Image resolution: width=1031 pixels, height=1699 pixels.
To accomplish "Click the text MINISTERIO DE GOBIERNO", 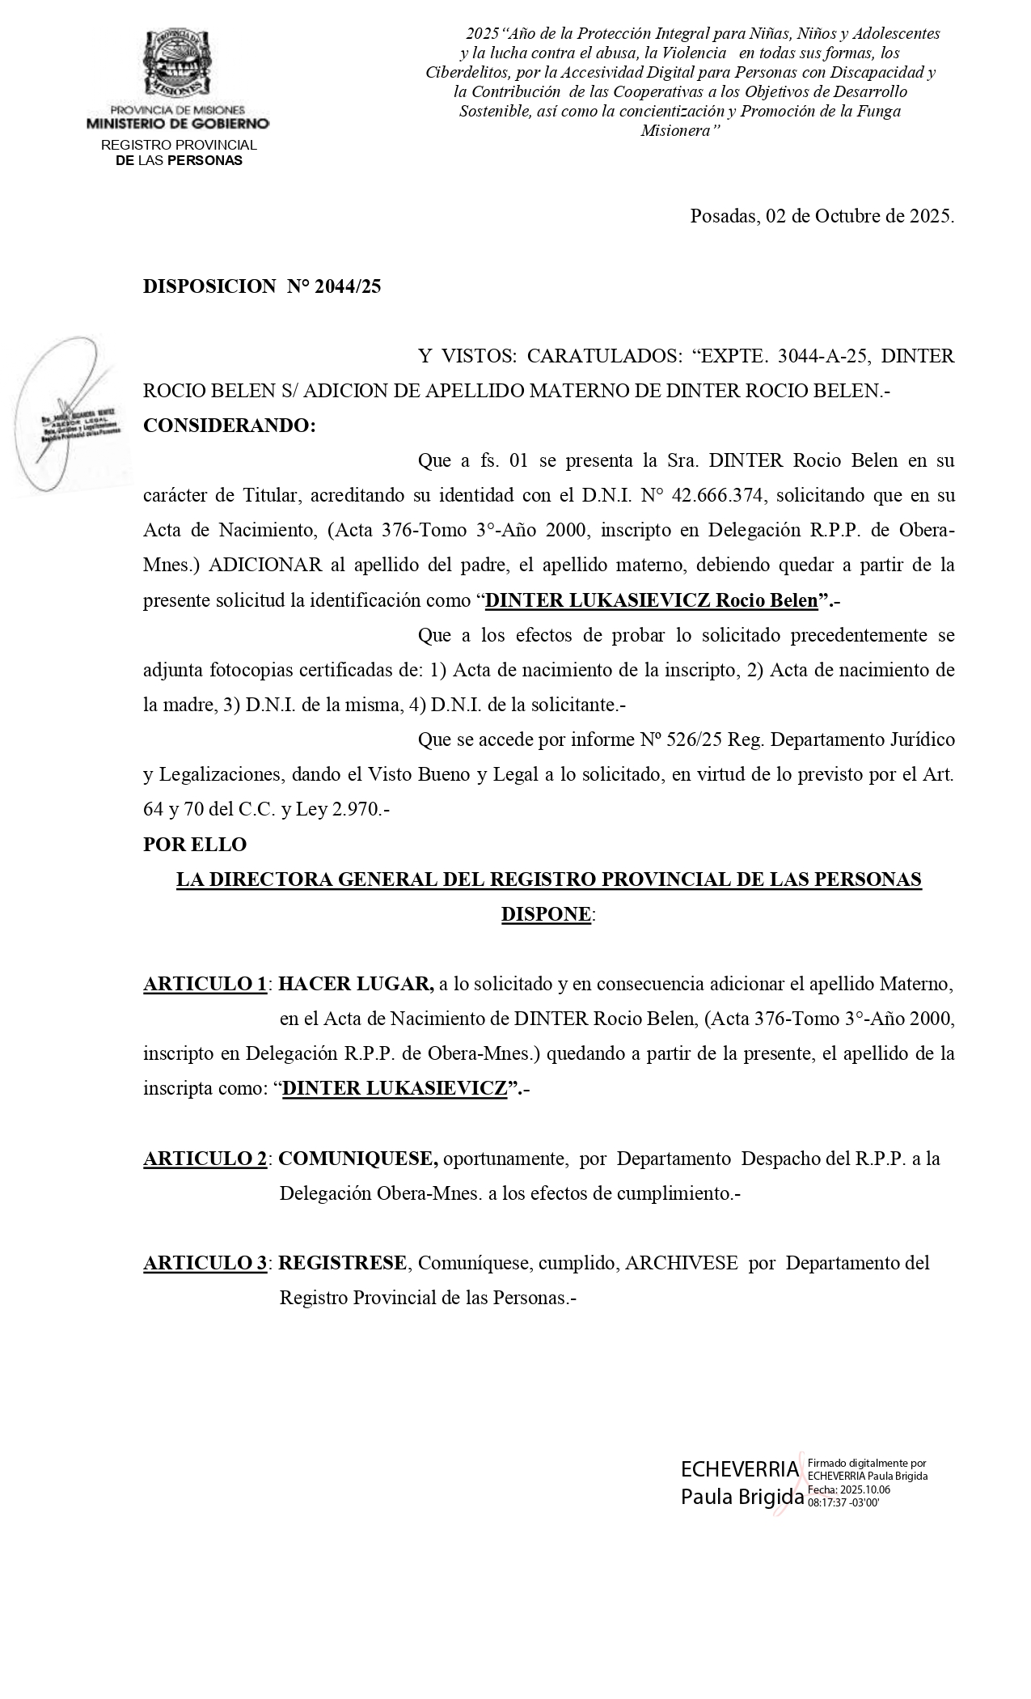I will pyautogui.click(x=178, y=124).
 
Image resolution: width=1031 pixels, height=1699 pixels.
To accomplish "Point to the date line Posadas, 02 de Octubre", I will pyautogui.click(x=822, y=216).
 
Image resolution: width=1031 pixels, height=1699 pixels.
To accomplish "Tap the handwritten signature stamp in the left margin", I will pyautogui.click(x=73, y=414).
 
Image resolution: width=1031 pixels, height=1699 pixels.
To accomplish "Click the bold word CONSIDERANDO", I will pyautogui.click(x=229, y=426).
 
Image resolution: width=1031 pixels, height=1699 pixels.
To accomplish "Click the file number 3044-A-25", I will pyautogui.click(x=822, y=356).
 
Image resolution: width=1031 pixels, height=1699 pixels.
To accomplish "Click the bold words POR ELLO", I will pyautogui.click(x=195, y=844).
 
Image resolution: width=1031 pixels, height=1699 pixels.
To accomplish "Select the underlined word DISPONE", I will pyautogui.click(x=546, y=914).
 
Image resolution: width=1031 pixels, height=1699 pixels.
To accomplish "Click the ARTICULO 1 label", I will pyautogui.click(x=205, y=984).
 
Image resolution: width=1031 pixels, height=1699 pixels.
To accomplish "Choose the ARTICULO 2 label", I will pyautogui.click(x=205, y=1158).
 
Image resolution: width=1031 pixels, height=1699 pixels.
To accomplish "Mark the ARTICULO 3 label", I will pyautogui.click(x=205, y=1262).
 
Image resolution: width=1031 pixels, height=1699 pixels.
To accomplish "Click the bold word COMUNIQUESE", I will pyautogui.click(x=357, y=1158).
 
